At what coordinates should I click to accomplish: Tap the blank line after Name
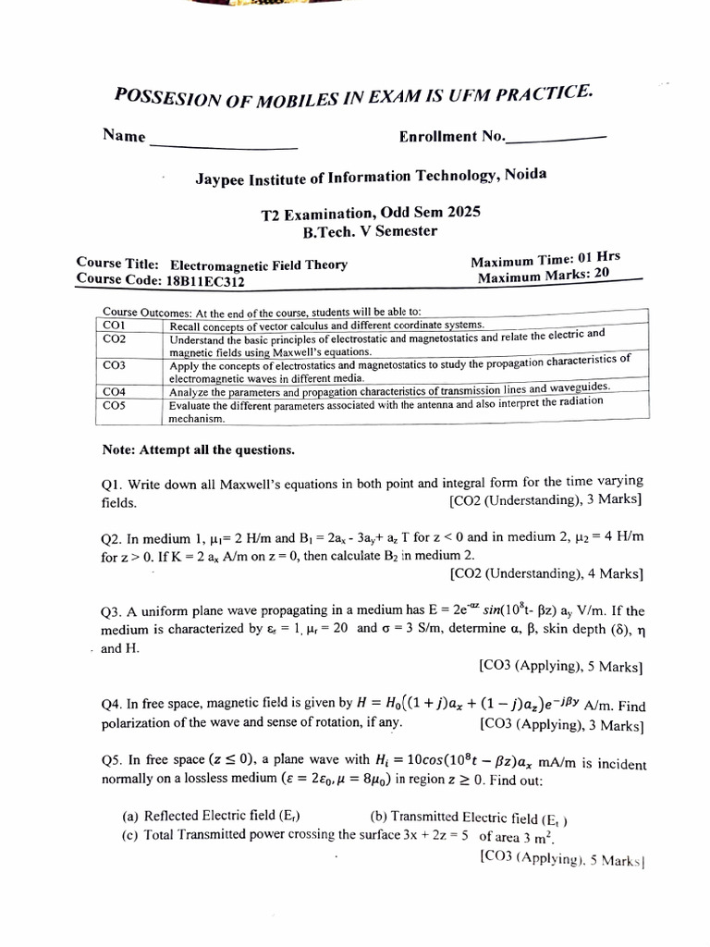point(223,147)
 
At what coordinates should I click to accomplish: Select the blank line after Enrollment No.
point(557,138)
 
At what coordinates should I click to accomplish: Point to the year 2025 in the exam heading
point(465,212)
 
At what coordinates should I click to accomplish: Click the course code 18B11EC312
point(205,280)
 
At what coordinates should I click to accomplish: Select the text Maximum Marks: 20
point(544,276)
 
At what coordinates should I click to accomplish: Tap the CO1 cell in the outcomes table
point(115,326)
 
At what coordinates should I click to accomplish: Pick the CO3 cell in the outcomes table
point(115,365)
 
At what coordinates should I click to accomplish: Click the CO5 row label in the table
point(115,405)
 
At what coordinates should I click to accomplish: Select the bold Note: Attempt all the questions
point(199,450)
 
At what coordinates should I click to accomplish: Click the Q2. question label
point(112,538)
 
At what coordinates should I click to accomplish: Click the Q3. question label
point(112,611)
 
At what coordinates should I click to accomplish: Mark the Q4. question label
point(112,704)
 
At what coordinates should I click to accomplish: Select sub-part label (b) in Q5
point(378,816)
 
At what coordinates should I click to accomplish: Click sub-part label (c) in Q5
point(131,835)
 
